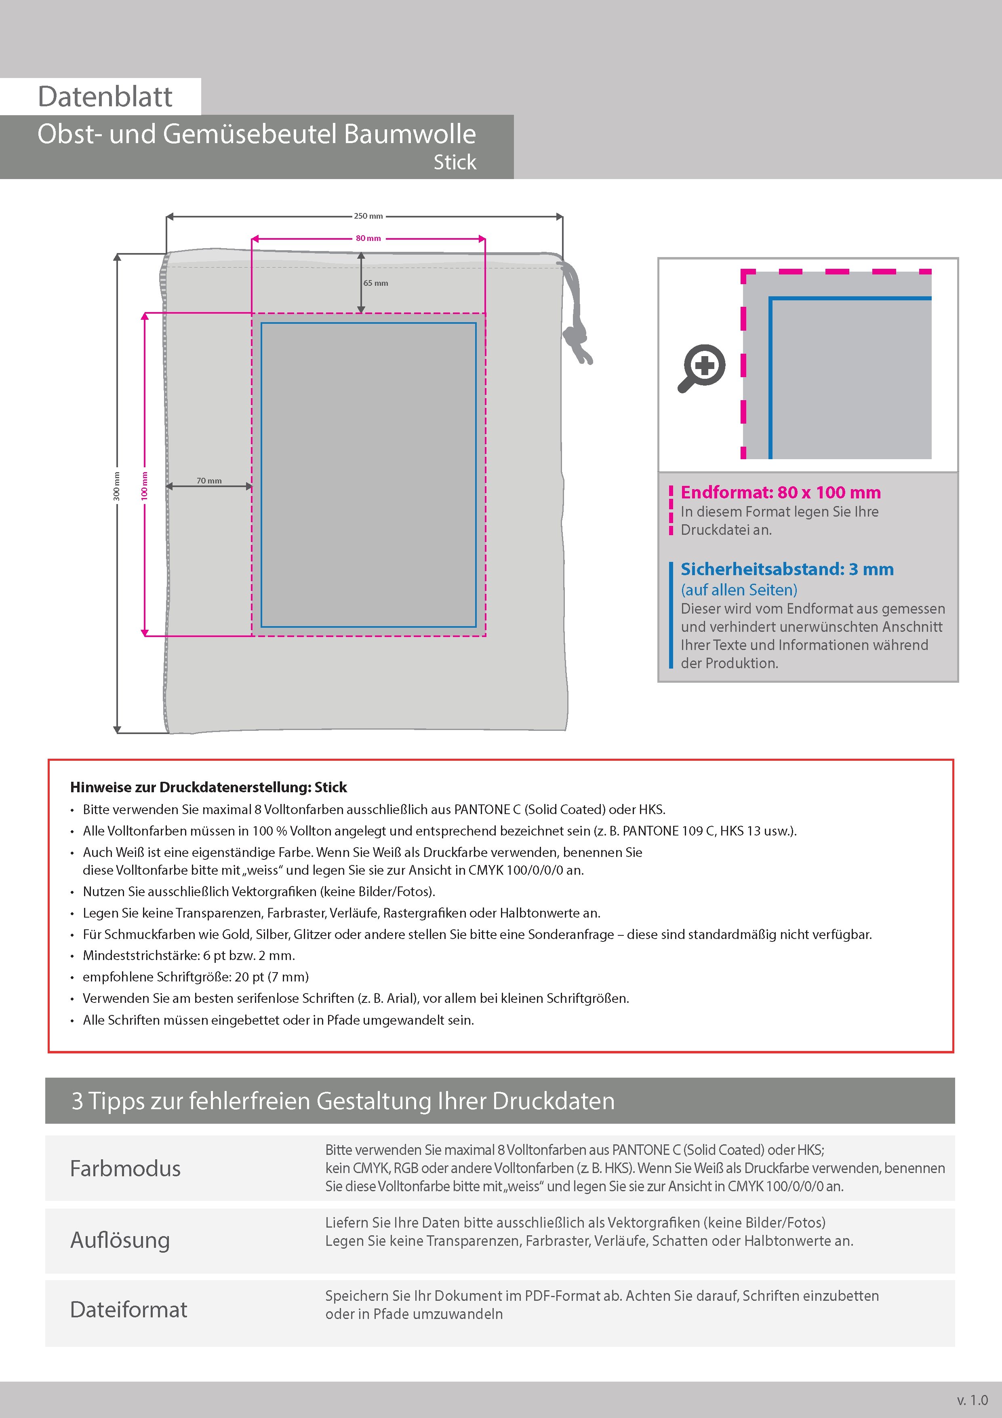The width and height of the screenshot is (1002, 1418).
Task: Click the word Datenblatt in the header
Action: click(x=105, y=97)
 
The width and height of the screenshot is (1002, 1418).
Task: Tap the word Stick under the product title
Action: click(x=455, y=162)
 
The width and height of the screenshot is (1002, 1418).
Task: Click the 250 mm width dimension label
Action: click(x=368, y=216)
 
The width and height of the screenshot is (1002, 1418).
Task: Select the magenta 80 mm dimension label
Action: click(x=368, y=238)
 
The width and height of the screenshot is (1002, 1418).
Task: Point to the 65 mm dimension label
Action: click(x=375, y=283)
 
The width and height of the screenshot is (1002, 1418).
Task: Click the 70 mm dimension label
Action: click(x=208, y=481)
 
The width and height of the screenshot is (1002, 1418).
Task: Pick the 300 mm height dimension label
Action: click(x=117, y=485)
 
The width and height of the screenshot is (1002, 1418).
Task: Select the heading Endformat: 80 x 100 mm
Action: click(x=780, y=492)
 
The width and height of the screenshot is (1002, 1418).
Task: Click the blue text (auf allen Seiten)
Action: click(x=739, y=590)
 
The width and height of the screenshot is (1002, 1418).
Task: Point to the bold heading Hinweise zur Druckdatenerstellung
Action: click(x=208, y=787)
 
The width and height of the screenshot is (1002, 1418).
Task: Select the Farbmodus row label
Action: click(x=125, y=1169)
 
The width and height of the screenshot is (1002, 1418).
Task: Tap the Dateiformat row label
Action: click(x=128, y=1309)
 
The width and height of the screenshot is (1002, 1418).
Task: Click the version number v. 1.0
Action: click(x=972, y=1399)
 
